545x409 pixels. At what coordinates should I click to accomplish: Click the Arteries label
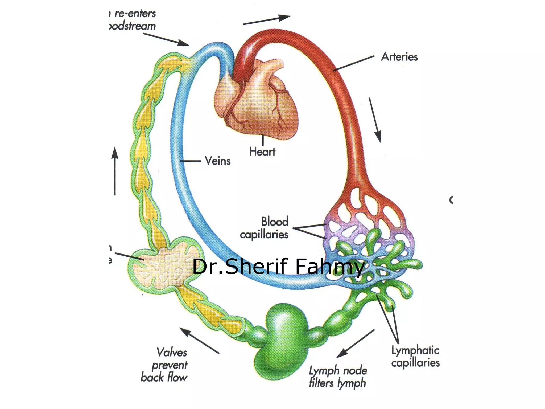pos(399,57)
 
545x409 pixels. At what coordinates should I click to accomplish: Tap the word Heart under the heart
pos(262,152)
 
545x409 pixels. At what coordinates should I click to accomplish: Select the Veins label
pos(217,161)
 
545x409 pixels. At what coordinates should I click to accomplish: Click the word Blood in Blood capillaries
pos(275,222)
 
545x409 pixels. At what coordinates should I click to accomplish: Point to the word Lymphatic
pos(415,350)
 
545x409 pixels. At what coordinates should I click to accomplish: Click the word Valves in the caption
pos(172,352)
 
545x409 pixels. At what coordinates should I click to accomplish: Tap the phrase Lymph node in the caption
pos(338,370)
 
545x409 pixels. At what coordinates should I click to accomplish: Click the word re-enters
pos(135,14)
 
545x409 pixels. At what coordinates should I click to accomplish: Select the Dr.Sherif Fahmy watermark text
pos(278,266)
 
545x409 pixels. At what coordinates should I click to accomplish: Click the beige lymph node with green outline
pos(165,264)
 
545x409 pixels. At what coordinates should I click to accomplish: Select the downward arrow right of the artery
pos(375,120)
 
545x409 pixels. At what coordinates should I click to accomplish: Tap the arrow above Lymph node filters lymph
pos(356,343)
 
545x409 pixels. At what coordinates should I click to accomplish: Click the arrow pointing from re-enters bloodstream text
pos(166,39)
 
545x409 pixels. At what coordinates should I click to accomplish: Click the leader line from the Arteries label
pos(354,63)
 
